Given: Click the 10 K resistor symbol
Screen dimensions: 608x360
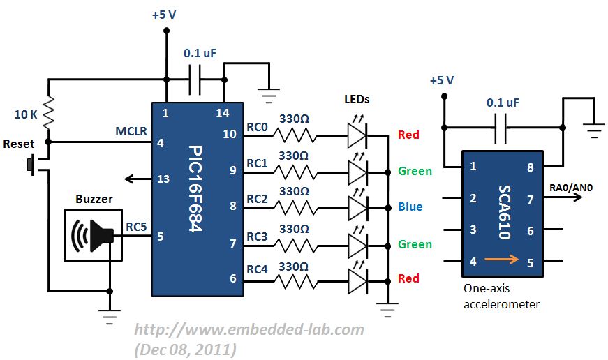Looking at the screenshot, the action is pyautogui.click(x=48, y=112).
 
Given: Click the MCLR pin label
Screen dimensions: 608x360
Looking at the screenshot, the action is pyautogui.click(x=131, y=131).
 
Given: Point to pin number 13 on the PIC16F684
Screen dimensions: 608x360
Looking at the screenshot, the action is pyautogui.click(x=163, y=179).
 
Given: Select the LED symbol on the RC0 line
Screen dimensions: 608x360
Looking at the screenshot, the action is pyautogui.click(x=357, y=134).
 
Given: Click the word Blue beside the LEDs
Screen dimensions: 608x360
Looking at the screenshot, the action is pyautogui.click(x=410, y=207).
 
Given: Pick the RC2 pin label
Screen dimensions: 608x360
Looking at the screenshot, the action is pyautogui.click(x=257, y=199).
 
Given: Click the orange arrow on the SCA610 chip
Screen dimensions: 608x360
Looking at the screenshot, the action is pyautogui.click(x=501, y=259).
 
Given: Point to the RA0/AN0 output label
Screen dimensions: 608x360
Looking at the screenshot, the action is pyautogui.click(x=571, y=188).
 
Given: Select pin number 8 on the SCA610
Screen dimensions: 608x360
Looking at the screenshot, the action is pyautogui.click(x=531, y=167).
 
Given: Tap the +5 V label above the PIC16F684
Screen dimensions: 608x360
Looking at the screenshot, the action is pyautogui.click(x=164, y=15).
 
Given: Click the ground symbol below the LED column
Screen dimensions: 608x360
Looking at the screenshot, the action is pyautogui.click(x=387, y=310).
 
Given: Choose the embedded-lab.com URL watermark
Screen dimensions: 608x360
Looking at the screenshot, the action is pyautogui.click(x=249, y=330).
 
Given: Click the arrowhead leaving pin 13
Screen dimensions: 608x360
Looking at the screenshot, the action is pyautogui.click(x=129, y=179).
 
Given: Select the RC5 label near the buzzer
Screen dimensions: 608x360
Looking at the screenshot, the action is pyautogui.click(x=136, y=227).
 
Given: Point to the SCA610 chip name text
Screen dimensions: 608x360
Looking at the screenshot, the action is pyautogui.click(x=505, y=212).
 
